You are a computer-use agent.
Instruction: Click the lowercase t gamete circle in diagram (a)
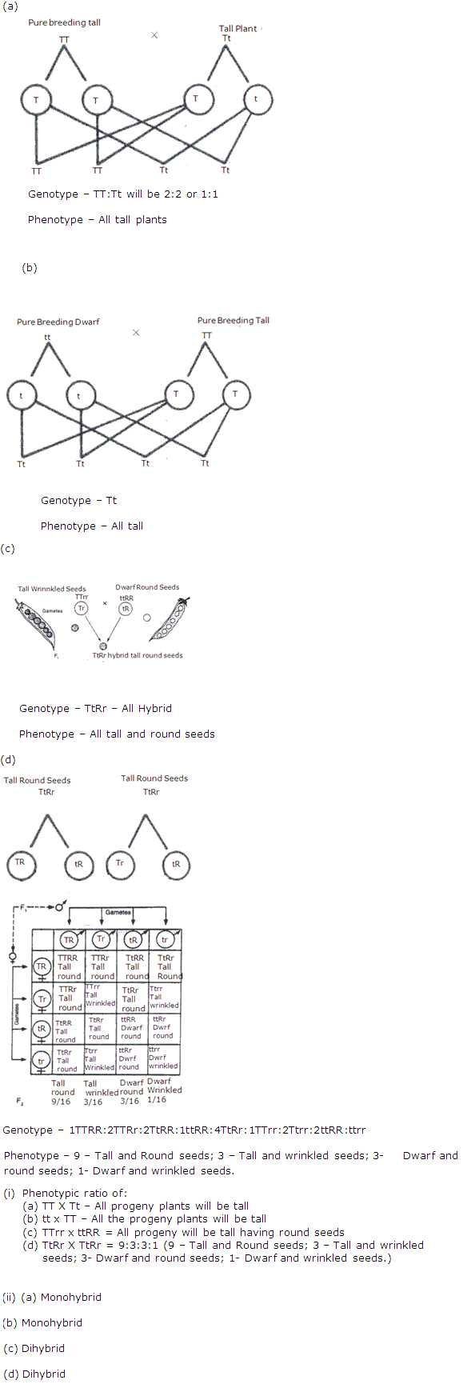tap(257, 100)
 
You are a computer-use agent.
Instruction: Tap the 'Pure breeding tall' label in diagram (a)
tap(64, 22)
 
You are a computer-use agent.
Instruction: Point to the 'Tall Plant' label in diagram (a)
tap(237, 29)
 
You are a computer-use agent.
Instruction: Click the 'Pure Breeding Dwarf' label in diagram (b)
tap(58, 322)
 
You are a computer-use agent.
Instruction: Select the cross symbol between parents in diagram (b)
tap(136, 332)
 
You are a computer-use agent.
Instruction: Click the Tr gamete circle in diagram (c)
tap(82, 609)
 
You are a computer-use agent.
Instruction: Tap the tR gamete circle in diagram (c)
tap(126, 609)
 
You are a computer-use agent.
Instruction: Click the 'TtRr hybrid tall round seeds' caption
tap(137, 655)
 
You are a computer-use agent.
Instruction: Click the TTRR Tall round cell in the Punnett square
tap(69, 966)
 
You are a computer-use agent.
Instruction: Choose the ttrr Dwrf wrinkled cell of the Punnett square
tap(163, 1058)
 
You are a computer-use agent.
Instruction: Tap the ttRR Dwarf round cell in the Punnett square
tap(131, 1028)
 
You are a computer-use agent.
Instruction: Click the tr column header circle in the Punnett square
tap(165, 939)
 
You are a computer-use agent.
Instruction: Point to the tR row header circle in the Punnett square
tap(42, 1029)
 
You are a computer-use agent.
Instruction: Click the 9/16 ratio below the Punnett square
tap(61, 1102)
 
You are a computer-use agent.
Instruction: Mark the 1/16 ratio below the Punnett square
tap(157, 1100)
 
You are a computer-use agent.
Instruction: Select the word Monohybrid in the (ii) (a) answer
tap(71, 1297)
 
